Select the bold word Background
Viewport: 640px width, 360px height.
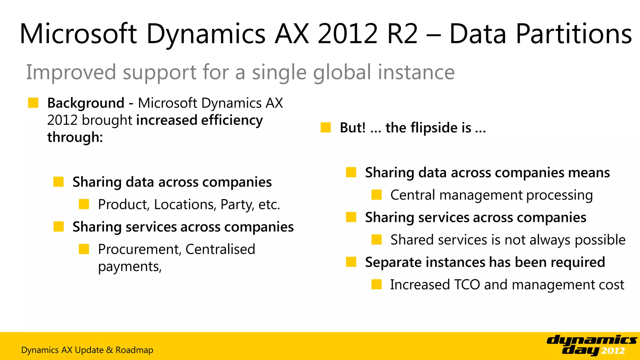coord(86,103)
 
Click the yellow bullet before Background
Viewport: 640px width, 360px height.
coord(33,103)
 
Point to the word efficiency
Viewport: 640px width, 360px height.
coord(232,120)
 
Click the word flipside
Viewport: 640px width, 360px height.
coord(428,128)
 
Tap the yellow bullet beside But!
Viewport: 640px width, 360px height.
coord(326,127)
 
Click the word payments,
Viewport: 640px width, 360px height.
coord(130,267)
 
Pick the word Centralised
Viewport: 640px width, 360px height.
coord(220,249)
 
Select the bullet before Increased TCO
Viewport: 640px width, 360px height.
coord(377,284)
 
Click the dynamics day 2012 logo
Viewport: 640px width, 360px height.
coord(591,345)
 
